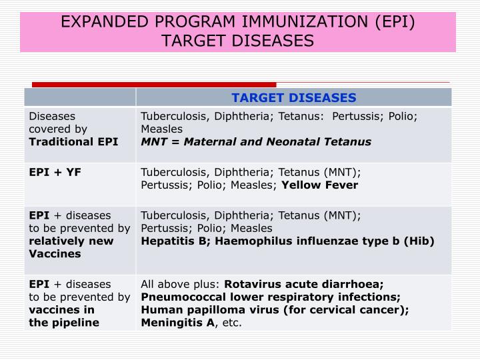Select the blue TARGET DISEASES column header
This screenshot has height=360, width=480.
point(294,98)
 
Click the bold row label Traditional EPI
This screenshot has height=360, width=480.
point(73,141)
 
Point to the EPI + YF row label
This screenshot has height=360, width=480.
point(55,172)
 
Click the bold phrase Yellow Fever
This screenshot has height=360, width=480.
point(320,185)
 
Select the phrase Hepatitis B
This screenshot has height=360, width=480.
point(167,241)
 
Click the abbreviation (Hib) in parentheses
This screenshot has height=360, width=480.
point(419,241)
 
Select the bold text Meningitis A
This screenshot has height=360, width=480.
point(177,323)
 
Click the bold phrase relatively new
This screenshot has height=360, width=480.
point(71,241)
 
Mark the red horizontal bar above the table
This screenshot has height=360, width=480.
point(154,85)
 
